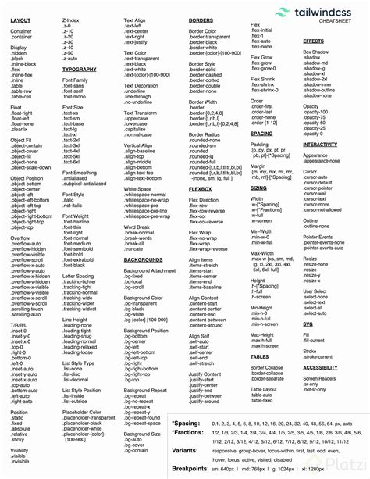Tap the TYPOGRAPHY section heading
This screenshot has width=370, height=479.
click(x=79, y=70)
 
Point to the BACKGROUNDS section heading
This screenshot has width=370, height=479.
click(x=143, y=259)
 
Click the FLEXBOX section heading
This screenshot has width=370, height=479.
click(x=201, y=188)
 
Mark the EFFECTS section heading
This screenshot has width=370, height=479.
click(x=313, y=41)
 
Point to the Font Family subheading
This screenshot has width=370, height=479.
click(x=75, y=80)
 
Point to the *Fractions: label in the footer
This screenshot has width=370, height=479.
click(x=187, y=432)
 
